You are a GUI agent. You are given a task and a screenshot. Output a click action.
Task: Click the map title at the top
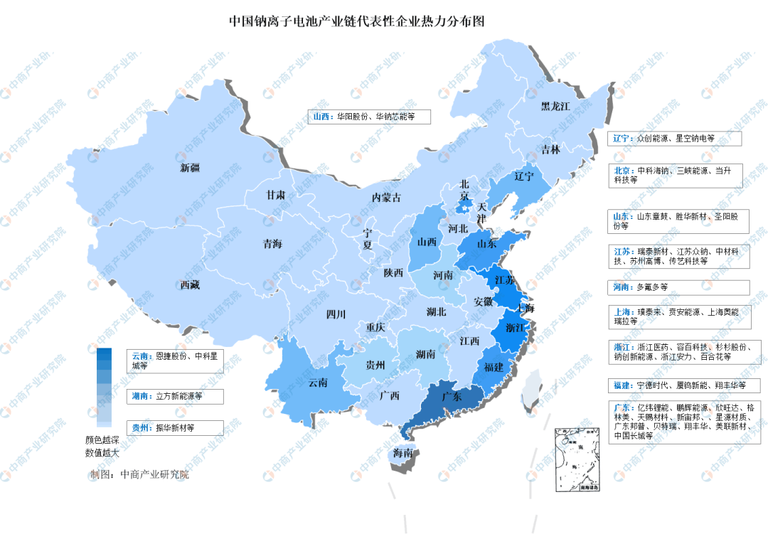pos(356,21)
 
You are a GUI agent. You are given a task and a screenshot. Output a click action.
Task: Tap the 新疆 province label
pos(190,168)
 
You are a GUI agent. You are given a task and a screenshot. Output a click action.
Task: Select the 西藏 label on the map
pos(190,284)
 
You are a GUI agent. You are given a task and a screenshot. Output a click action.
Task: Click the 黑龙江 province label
pos(555,107)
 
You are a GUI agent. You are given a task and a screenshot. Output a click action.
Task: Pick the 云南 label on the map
pos(318,383)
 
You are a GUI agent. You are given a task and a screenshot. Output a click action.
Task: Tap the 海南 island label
pos(404,453)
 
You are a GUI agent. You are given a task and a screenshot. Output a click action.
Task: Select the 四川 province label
pos(336,314)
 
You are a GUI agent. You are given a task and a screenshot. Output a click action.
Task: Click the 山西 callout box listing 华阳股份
pos(369,116)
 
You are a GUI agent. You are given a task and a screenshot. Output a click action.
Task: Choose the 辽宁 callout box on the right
pos(675,138)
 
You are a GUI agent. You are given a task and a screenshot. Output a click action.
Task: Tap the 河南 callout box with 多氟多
pos(679,287)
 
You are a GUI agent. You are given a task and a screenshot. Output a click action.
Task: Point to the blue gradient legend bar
pos(104,387)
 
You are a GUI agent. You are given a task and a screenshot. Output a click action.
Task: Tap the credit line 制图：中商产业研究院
pos(139,474)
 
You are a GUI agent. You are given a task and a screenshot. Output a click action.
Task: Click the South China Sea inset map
pos(577,459)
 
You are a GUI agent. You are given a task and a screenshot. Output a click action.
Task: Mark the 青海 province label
pos(272,244)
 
